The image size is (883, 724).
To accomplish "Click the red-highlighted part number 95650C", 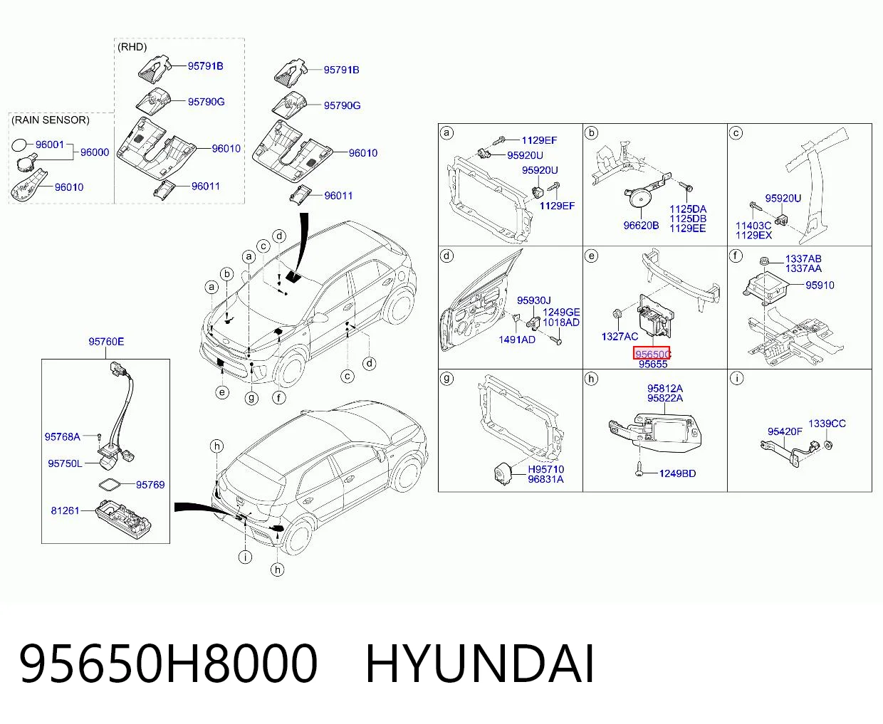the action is (652, 354).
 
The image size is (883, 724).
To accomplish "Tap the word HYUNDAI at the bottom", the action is (479, 664).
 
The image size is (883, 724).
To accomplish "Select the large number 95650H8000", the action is (168, 664).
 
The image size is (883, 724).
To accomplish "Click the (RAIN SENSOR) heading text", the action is (51, 120).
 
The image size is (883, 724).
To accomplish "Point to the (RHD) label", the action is (132, 47).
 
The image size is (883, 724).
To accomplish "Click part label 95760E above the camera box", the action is (106, 342).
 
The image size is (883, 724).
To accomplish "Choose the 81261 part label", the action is (65, 510).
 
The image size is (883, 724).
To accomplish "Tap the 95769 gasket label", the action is (150, 485).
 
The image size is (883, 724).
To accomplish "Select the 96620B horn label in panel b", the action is (641, 226).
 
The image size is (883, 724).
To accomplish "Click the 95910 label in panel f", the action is (820, 285).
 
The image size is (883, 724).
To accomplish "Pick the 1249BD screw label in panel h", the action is (677, 473).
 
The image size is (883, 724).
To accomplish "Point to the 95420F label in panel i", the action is (785, 431).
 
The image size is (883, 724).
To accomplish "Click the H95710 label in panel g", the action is (545, 469).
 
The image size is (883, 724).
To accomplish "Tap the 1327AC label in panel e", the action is (620, 337).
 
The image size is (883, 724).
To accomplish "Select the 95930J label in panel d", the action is (533, 300).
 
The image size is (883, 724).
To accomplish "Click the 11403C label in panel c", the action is (753, 226).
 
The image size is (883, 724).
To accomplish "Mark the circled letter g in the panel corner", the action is (446, 378).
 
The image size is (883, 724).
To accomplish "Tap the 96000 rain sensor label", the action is (95, 152).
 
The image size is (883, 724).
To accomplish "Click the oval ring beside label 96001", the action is (19, 146).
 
